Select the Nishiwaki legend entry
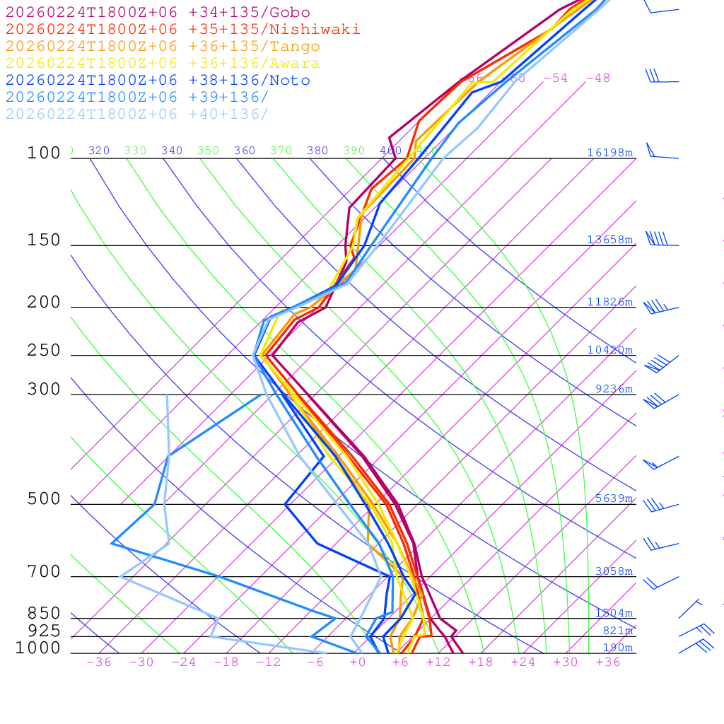pos(182,30)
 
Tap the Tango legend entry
pos(163,47)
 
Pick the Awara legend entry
pos(163,64)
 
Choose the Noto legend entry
pos(158,81)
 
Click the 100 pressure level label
pos(44,153)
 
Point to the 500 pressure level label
pos(44,499)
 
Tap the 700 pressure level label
pos(44,571)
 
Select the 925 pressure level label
pos(44,631)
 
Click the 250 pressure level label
pos(44,351)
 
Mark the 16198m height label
pos(609,153)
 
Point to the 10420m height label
pos(609,350)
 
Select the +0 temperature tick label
pos(358,662)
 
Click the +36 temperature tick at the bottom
pos(608,662)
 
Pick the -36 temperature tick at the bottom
pos(99,662)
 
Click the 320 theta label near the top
pos(99,151)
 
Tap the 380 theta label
pos(317,151)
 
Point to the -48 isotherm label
pos(597,78)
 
